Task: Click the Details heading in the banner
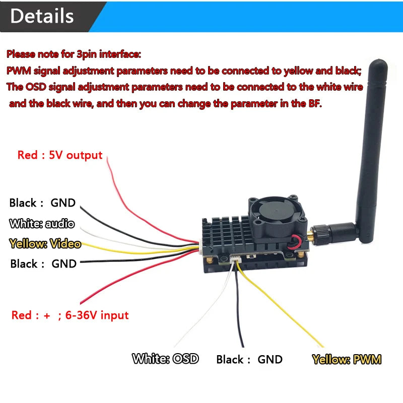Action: click(42, 16)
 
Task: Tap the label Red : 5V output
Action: click(60, 155)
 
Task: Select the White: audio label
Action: click(42, 223)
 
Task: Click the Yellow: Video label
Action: click(45, 244)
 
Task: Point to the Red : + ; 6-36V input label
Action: click(70, 315)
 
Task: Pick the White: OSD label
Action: click(165, 359)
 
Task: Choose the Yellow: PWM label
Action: click(347, 360)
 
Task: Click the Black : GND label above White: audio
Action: click(42, 203)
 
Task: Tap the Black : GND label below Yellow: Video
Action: click(43, 263)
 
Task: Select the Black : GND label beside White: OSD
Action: click(249, 360)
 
